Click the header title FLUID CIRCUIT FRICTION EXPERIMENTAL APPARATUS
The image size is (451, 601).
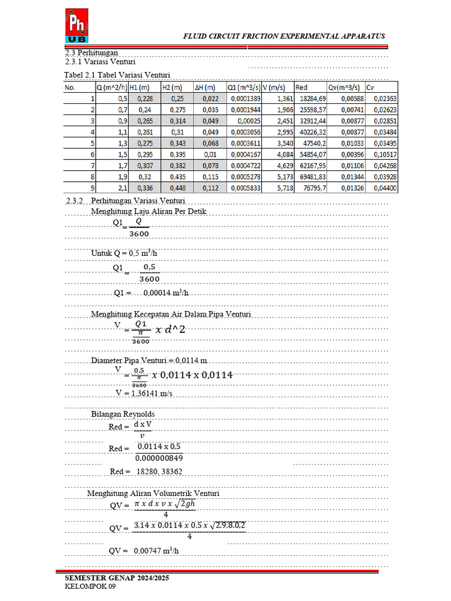coord(284,36)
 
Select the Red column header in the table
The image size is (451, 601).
coord(302,87)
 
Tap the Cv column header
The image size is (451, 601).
coord(370,87)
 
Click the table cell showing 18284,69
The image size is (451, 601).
coord(314,99)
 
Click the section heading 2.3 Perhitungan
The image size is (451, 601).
coord(91,53)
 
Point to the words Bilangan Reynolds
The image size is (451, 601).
coord(123,414)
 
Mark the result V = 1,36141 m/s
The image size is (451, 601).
coord(144,393)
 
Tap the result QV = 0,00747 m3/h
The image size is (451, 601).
coord(144,551)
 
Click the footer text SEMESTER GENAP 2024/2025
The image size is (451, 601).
coord(117,578)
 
